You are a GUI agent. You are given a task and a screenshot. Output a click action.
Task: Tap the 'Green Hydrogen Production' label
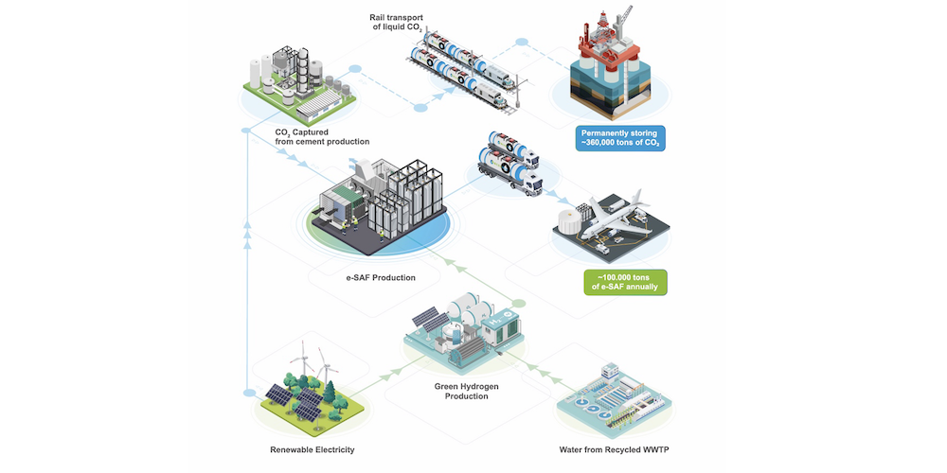pos(466,391)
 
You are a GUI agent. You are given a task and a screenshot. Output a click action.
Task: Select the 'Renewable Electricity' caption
pos(311,449)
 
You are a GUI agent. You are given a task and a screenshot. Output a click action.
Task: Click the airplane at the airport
pos(616,218)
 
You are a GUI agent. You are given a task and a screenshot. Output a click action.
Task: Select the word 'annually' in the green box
pos(644,288)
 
